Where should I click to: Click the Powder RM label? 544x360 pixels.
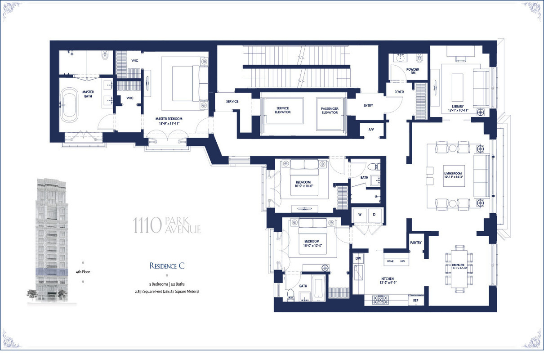412,71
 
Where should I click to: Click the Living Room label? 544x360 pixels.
456,175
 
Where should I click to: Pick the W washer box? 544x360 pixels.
360,215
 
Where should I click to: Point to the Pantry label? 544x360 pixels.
416,243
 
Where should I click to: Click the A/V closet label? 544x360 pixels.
371,130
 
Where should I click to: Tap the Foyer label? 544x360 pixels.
399,92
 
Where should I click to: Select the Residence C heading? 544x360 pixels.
167,265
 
